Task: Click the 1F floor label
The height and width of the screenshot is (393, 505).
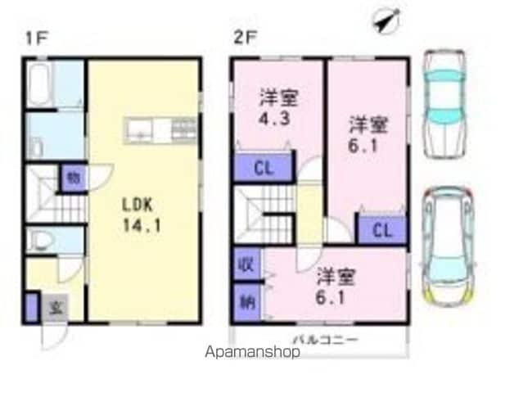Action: point(37,38)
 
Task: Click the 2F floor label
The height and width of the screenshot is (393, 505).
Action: point(246,38)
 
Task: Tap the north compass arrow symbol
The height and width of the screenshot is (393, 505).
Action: point(386,20)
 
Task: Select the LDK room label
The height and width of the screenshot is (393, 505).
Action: point(138,206)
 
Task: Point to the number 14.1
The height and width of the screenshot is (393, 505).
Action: point(142,226)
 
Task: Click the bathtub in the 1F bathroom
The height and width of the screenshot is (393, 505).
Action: point(38,84)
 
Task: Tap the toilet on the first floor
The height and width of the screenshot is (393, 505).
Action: point(39,240)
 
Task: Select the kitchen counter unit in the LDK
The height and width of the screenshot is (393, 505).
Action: point(160,131)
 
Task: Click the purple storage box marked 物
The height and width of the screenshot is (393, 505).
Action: point(74,178)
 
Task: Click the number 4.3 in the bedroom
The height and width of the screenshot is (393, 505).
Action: point(274,118)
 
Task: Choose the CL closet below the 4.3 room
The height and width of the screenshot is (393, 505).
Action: point(263,168)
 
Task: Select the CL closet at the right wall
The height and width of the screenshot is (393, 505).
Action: point(382,230)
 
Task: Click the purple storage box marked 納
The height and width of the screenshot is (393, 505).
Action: point(246,303)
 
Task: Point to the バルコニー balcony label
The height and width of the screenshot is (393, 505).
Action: point(326,339)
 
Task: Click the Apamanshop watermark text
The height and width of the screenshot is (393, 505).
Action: point(252,352)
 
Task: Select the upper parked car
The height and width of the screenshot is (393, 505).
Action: point(444,104)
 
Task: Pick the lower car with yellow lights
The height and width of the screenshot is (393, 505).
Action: point(448,246)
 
